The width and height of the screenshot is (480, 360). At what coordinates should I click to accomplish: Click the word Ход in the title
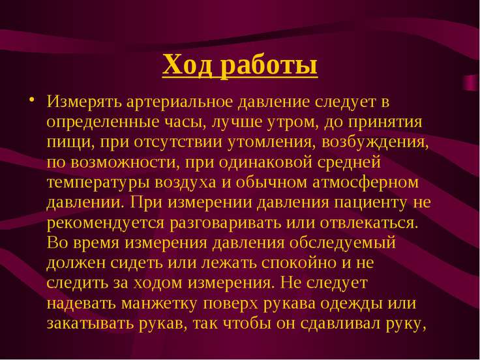[187, 65]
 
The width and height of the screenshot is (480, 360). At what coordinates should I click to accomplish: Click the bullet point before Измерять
[31, 100]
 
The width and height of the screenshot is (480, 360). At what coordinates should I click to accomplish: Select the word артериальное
[180, 102]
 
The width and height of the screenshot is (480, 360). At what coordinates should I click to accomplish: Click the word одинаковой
[265, 162]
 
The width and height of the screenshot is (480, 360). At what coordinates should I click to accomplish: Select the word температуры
[98, 183]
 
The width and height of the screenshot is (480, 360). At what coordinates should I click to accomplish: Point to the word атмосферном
[365, 183]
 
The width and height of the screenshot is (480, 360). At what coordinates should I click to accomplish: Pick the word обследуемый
[342, 243]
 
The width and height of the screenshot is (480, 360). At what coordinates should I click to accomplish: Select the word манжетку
[159, 304]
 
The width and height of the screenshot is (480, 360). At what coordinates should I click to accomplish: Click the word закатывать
[90, 324]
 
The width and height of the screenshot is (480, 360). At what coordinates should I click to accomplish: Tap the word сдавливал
[340, 324]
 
